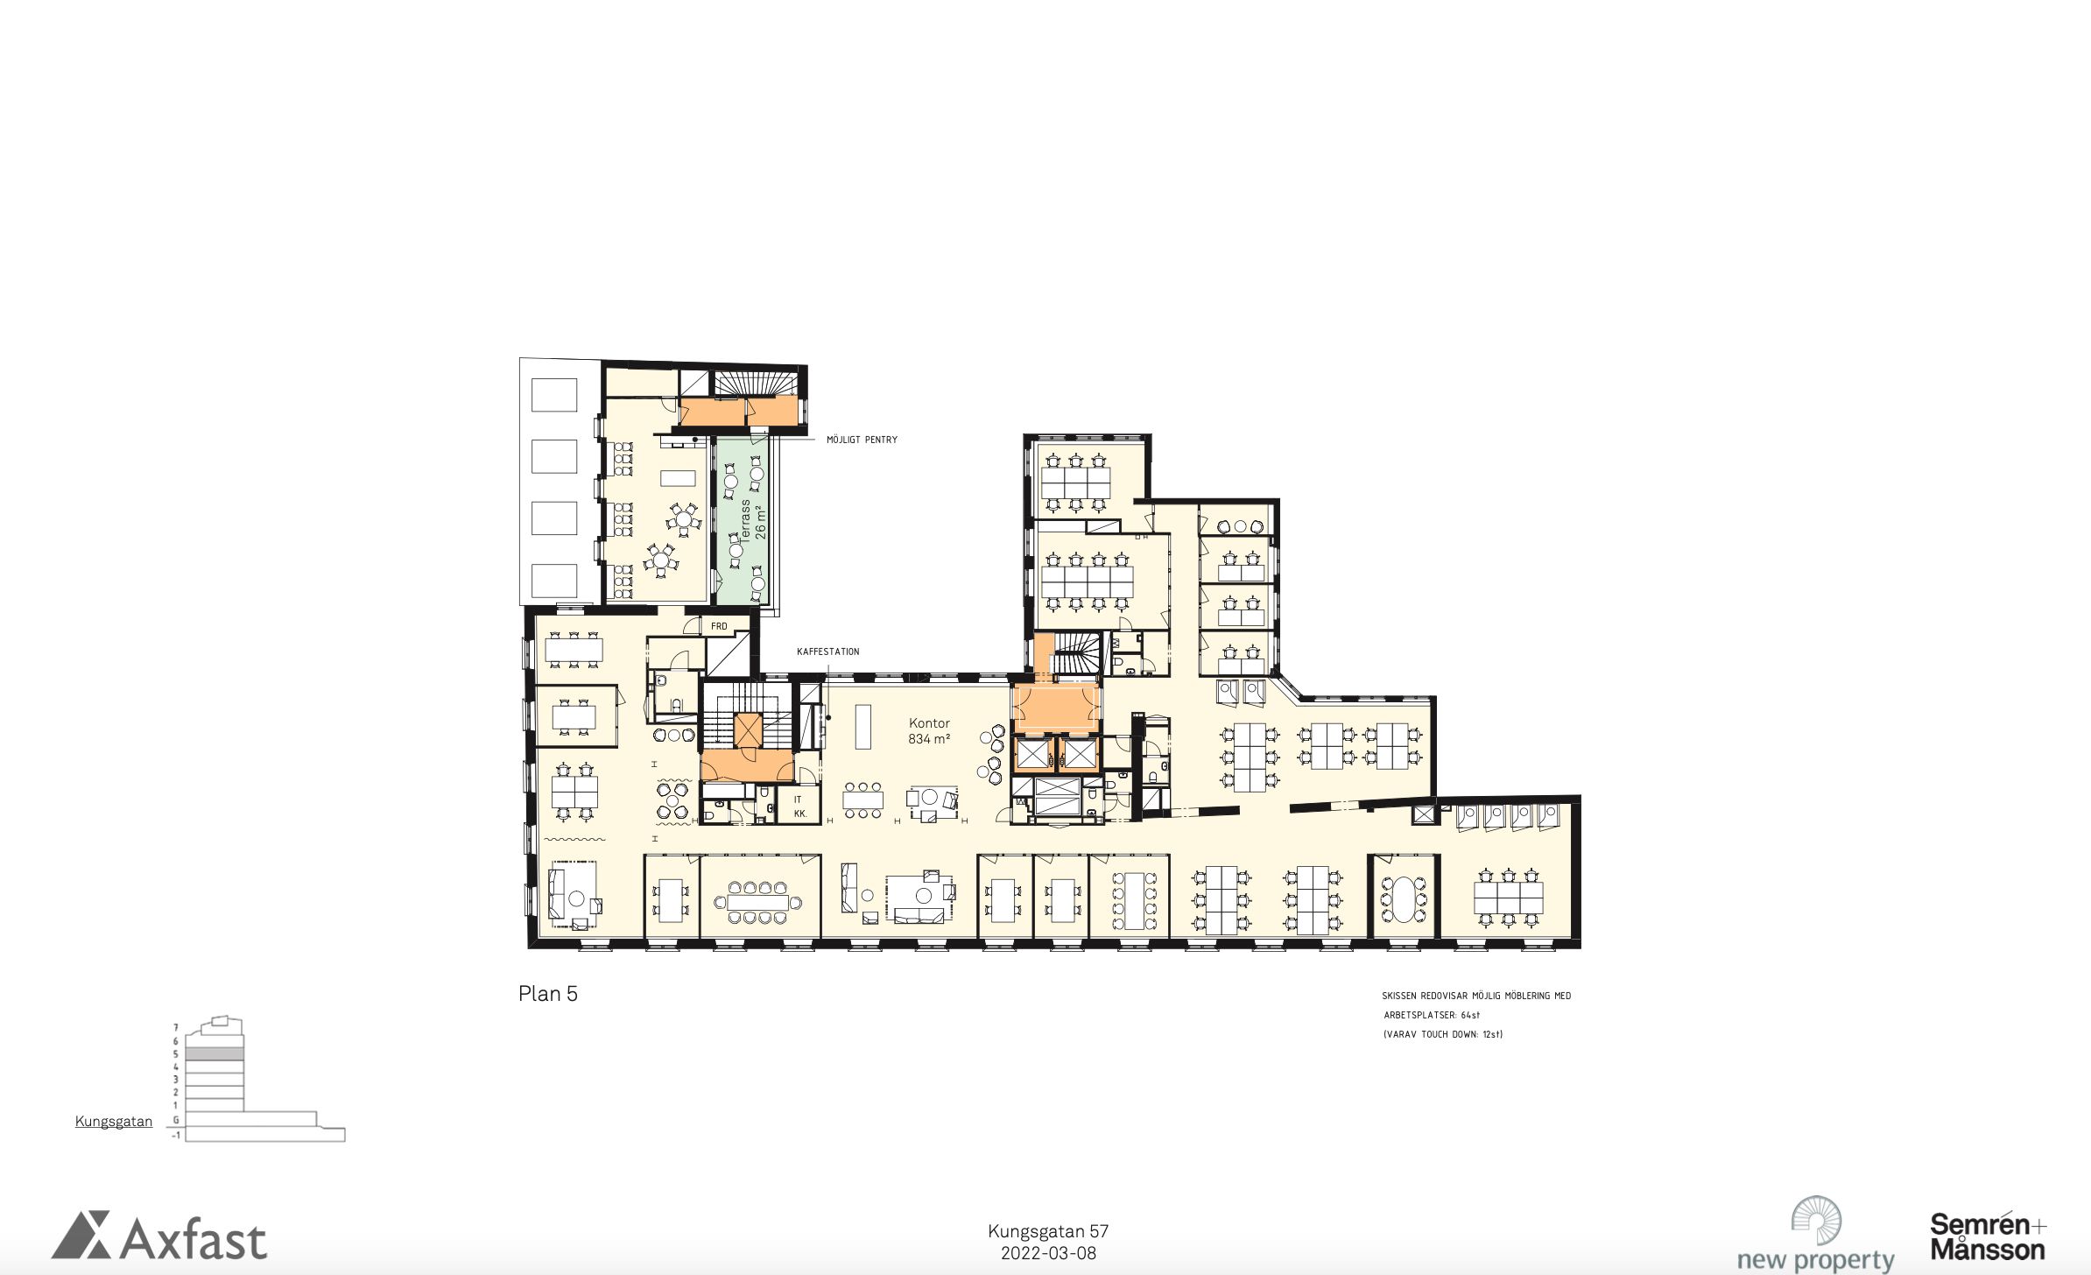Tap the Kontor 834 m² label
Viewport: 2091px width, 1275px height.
coord(929,731)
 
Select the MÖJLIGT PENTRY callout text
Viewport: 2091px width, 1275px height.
coord(862,440)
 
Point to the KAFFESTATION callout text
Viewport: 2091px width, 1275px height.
coord(827,652)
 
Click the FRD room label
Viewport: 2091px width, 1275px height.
coord(719,626)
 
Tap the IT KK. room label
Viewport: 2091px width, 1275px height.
coord(799,807)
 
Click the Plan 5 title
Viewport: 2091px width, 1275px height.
coord(548,994)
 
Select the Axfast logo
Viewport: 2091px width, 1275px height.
coord(159,1236)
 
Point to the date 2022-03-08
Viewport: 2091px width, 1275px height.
coord(1048,1253)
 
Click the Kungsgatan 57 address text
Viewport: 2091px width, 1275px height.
coord(1048,1231)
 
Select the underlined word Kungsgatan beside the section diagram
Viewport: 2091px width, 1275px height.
coord(114,1122)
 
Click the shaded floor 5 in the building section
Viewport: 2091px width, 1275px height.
coord(215,1054)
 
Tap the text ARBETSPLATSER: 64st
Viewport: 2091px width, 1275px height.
coord(1432,1015)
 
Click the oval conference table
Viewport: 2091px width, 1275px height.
coord(1404,900)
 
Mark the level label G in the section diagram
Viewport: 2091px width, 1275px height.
coord(176,1119)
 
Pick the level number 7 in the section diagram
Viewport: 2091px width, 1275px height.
coord(176,1027)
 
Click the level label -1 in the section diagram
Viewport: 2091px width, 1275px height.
coord(176,1135)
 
